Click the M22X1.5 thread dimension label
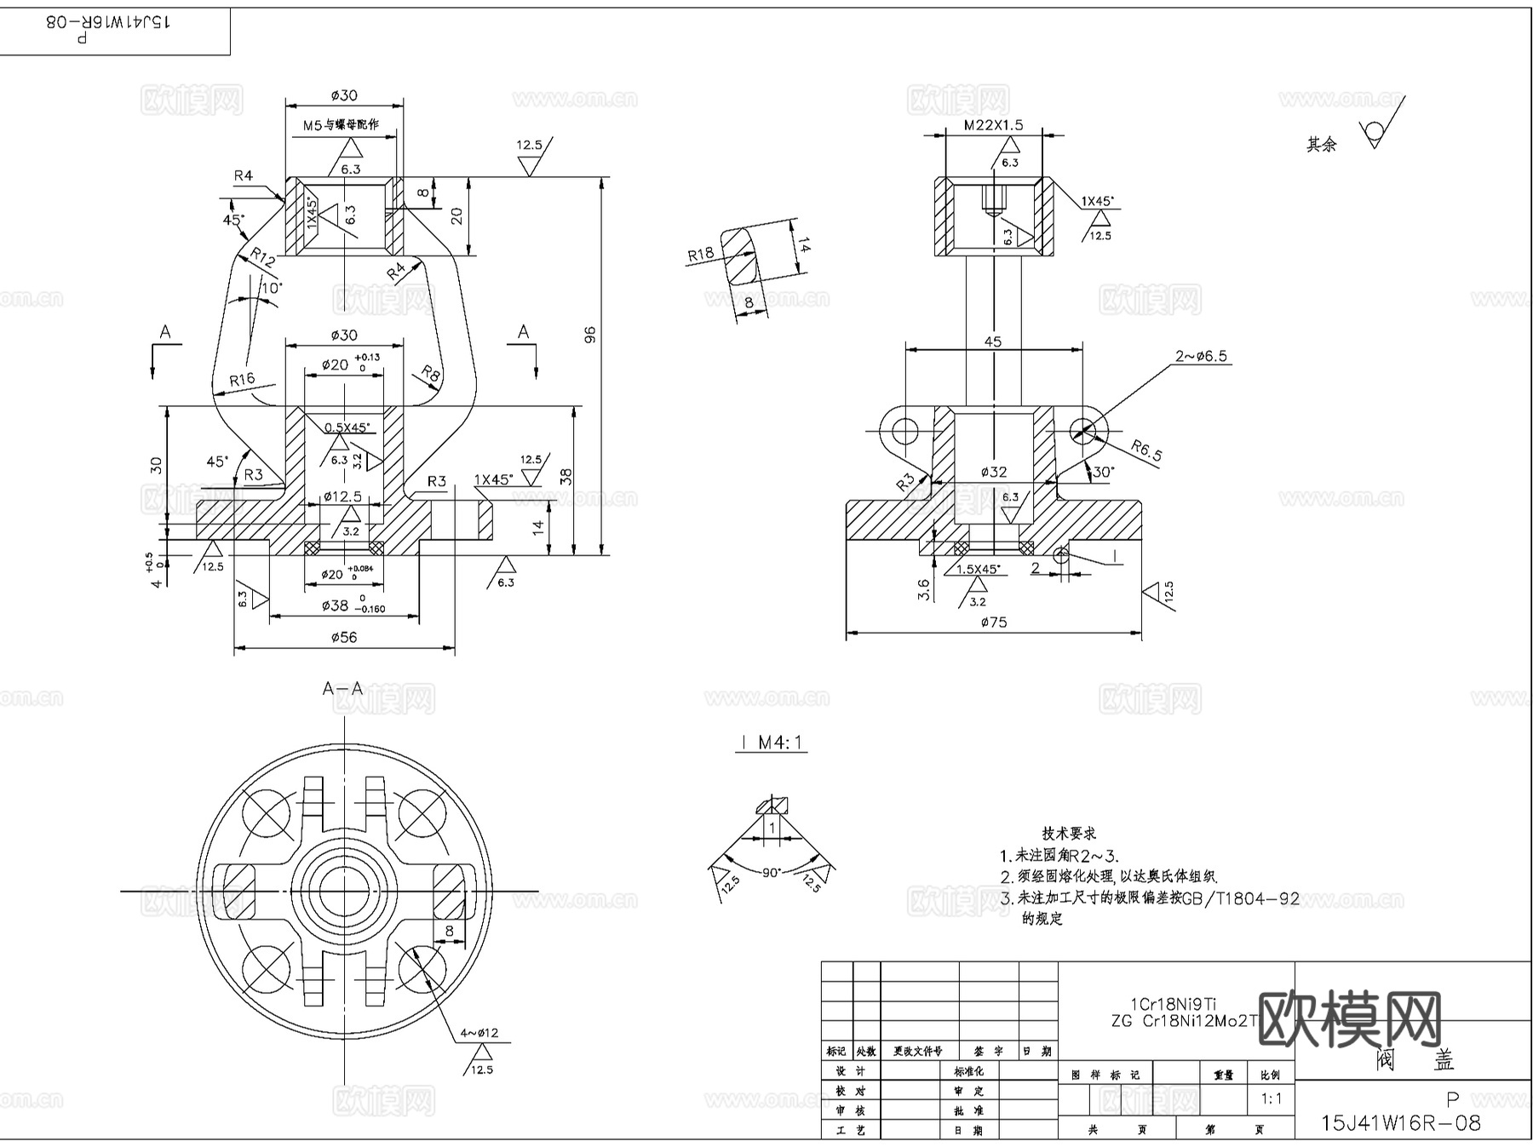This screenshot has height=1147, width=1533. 993,124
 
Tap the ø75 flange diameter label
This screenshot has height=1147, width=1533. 993,622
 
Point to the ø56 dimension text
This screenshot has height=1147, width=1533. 343,637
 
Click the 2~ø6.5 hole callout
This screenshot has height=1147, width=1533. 1201,356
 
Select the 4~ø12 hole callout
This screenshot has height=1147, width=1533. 479,1033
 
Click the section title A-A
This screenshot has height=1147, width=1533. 342,688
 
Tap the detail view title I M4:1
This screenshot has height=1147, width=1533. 772,743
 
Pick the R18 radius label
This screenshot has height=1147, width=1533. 701,254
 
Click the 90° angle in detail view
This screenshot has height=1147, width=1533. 772,873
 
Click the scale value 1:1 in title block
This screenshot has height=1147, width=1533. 1271,1098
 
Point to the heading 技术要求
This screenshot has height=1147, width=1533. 1069,834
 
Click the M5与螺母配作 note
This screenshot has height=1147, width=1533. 341,124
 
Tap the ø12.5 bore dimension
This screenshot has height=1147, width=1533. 342,496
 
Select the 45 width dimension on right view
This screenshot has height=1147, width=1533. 993,341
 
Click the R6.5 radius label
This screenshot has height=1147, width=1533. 1146,450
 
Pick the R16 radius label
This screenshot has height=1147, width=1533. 242,380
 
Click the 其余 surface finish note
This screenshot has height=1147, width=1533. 1322,145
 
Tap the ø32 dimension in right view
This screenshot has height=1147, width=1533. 993,472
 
